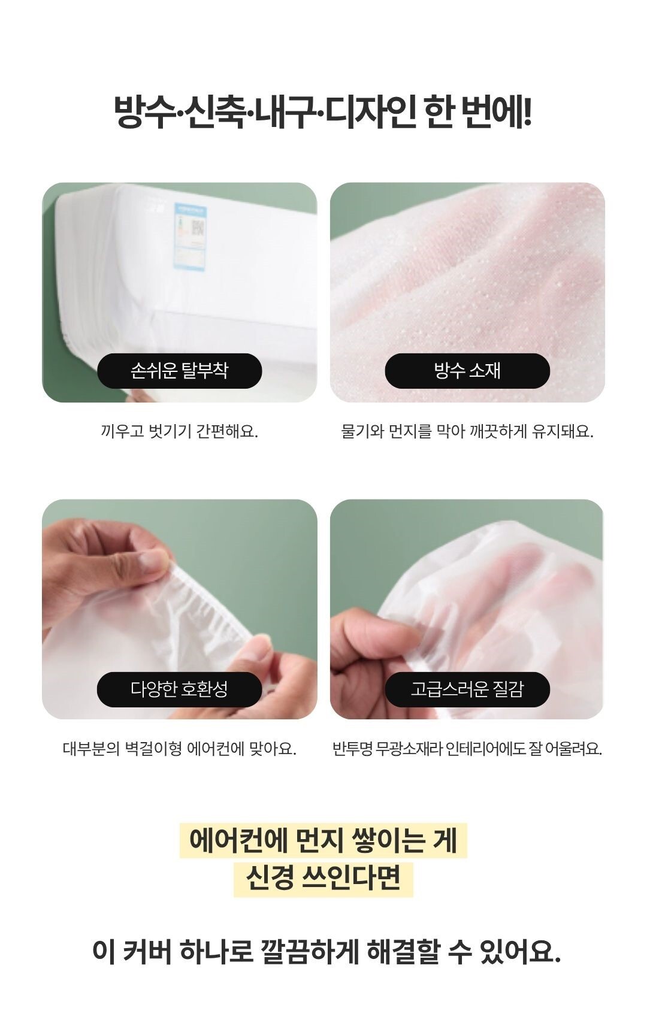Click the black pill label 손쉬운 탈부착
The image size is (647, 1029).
(179, 371)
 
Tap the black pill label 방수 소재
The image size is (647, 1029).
(467, 371)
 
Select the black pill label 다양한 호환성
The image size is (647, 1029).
(179, 689)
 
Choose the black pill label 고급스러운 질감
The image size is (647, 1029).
(467, 689)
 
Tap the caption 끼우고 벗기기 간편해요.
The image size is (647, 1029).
(179, 431)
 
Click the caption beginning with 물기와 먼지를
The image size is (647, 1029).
(467, 431)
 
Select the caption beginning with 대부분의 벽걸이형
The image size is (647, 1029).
(179, 749)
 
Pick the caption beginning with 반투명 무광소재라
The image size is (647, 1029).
(467, 749)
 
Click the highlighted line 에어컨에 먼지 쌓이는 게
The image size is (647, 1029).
(323, 840)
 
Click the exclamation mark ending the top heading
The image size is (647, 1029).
(527, 112)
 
